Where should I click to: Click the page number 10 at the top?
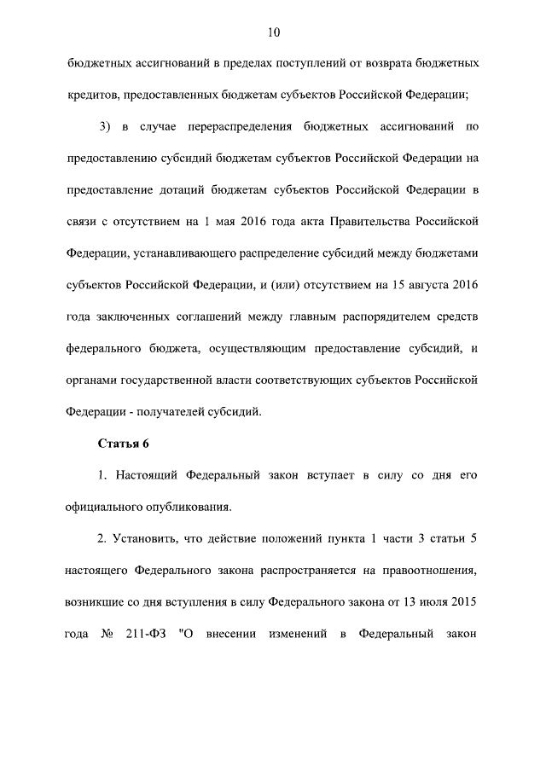273,32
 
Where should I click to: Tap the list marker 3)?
106,126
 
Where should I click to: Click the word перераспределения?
235,126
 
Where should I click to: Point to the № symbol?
107,633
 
